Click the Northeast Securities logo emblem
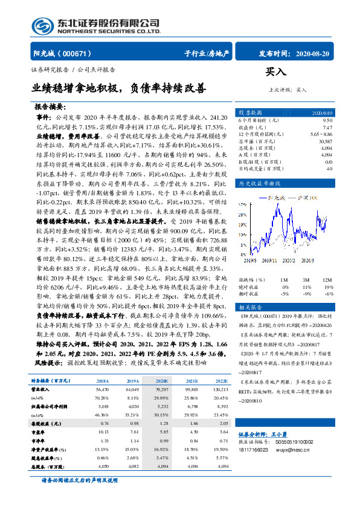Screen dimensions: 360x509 click(42, 26)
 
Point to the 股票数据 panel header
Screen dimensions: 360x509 click(249, 113)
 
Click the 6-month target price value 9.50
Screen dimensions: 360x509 click(327, 120)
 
